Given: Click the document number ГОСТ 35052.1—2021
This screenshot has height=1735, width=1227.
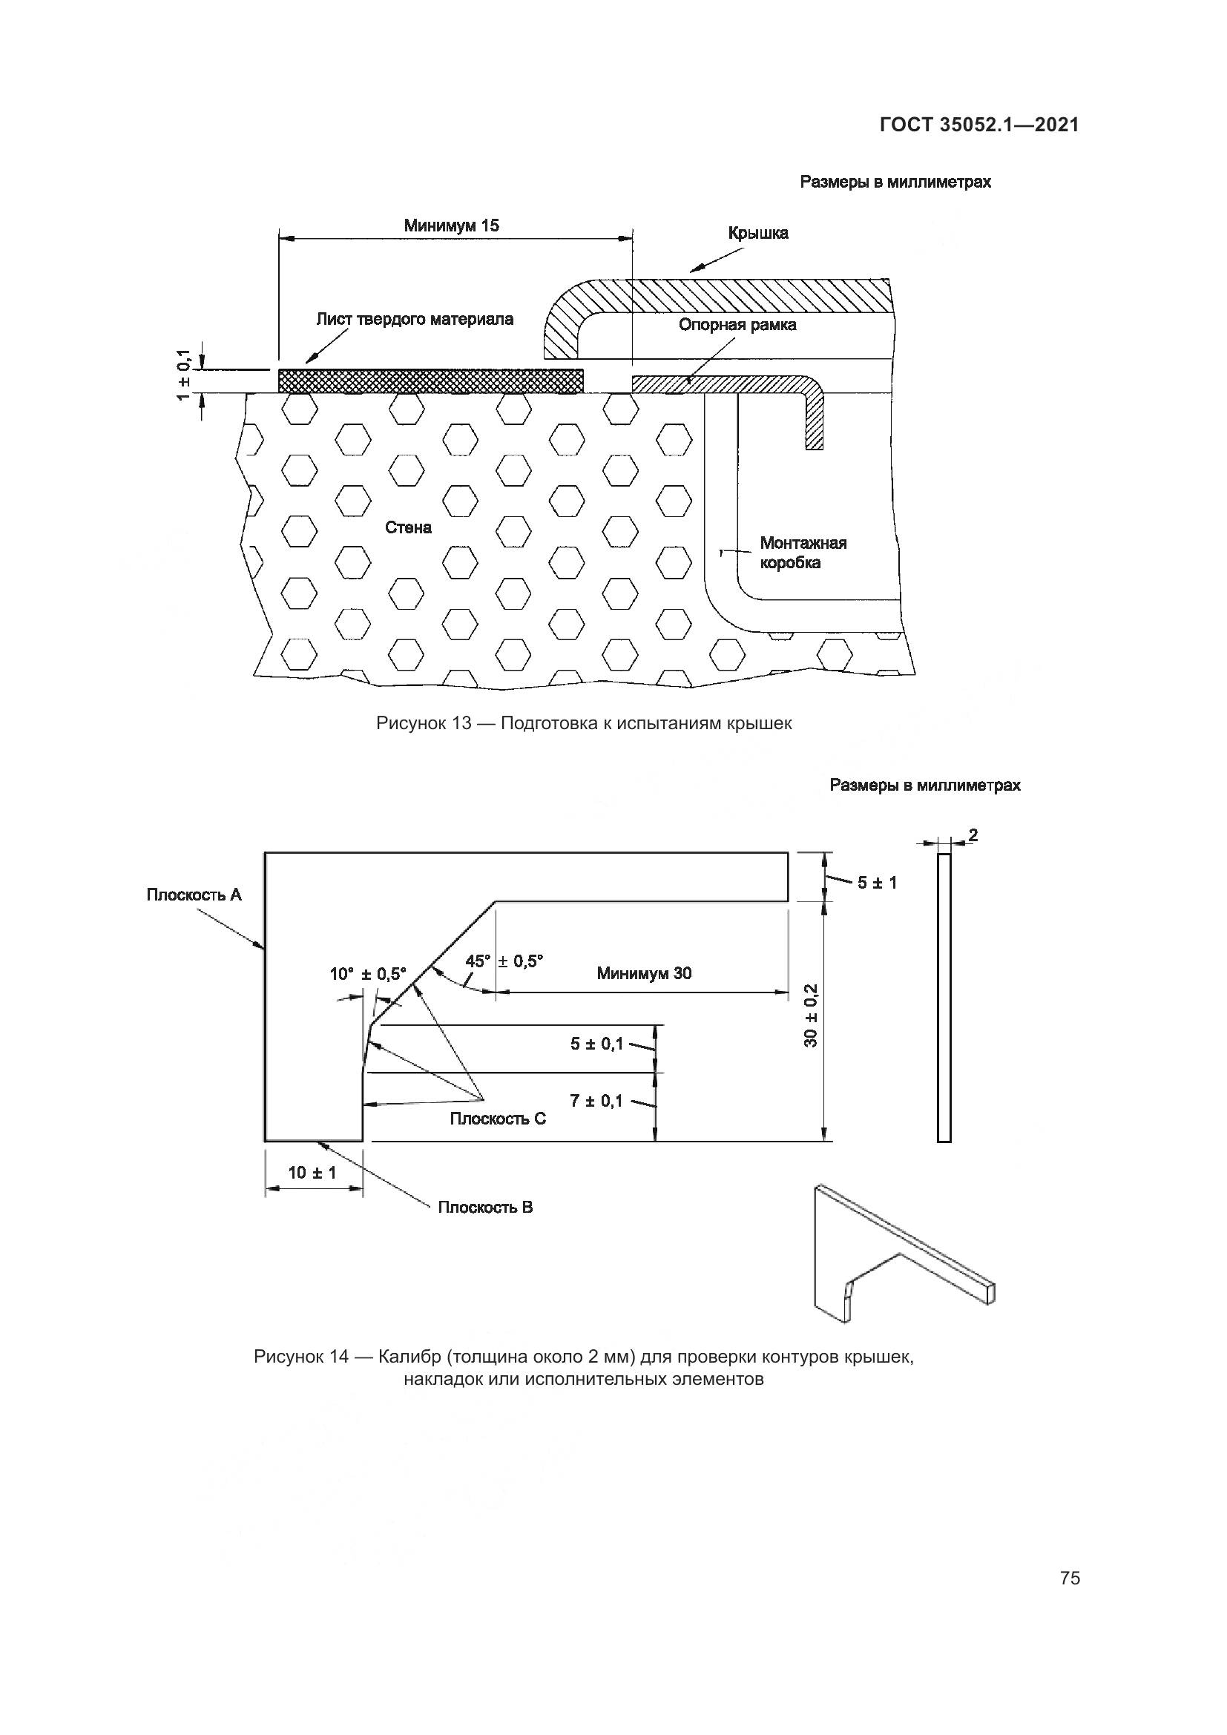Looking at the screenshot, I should [978, 125].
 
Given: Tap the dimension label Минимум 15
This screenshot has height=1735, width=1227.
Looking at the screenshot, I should [451, 226].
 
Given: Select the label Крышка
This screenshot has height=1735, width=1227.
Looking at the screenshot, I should [758, 234].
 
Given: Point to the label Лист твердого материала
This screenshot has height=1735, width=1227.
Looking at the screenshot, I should [415, 320].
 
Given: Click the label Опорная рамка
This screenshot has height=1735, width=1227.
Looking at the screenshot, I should [737, 326].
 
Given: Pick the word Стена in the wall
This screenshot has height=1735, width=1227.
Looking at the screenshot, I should [408, 527].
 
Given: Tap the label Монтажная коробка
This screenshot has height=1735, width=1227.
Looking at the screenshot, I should [803, 553].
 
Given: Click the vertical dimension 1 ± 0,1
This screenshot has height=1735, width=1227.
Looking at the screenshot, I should [183, 375].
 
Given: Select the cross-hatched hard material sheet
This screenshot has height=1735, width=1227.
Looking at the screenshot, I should [431, 381].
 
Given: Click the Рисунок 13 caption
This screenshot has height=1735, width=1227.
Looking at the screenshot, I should [584, 723].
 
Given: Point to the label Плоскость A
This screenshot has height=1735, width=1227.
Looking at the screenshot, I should [194, 895].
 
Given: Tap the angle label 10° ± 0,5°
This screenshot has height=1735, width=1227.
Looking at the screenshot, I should [368, 974].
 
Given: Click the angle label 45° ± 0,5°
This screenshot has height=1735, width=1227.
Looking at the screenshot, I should [504, 961].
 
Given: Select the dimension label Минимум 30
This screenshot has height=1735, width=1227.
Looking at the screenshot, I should [644, 973].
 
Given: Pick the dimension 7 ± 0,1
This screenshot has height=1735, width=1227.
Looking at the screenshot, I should [596, 1101].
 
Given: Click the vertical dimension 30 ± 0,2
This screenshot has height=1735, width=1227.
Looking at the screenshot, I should [812, 1015].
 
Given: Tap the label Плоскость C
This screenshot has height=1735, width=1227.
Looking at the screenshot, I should [498, 1119].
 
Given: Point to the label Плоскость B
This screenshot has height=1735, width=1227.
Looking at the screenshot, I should [485, 1207].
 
